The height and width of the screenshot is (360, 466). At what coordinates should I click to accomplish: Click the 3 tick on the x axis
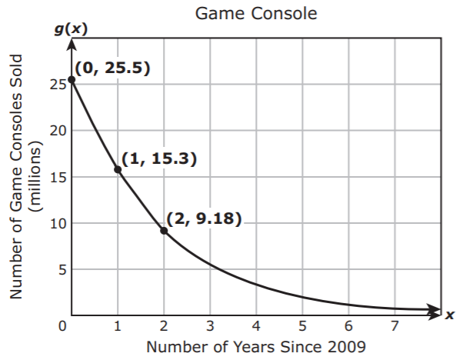pos(210,326)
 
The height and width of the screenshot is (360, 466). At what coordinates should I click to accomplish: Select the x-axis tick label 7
pos(394,326)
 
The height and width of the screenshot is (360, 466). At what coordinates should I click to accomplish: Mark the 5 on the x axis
pos(302,326)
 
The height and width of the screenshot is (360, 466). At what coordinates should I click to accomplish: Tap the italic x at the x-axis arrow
pos(451,315)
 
